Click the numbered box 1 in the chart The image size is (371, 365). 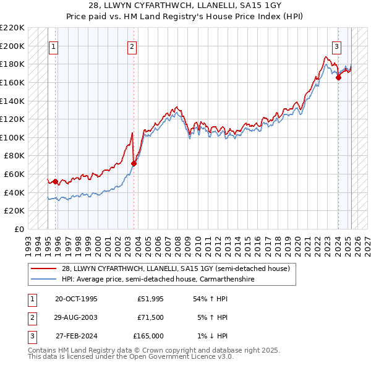[x=53, y=45]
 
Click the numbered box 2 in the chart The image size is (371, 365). [x=133, y=45]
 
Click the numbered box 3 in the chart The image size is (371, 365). [x=337, y=45]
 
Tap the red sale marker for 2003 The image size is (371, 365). [x=134, y=163]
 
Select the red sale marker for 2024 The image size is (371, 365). [x=338, y=77]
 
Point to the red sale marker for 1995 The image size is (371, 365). [x=56, y=181]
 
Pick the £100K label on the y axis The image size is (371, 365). [x=13, y=137]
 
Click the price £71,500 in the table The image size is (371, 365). [x=151, y=317]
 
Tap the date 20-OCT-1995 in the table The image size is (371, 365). [x=76, y=299]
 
